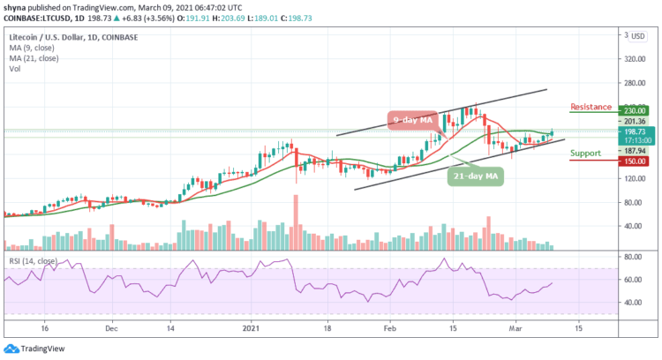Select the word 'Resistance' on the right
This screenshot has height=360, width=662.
pos(592,106)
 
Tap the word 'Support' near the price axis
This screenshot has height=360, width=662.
pos(587,154)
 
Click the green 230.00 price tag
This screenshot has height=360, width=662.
pos(634,110)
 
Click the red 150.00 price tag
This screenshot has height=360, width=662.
pos(634,161)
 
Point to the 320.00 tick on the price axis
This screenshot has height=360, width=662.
pos(633,61)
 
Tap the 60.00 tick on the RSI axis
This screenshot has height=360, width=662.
pos(631,280)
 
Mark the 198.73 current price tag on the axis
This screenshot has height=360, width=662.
pos(634,131)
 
